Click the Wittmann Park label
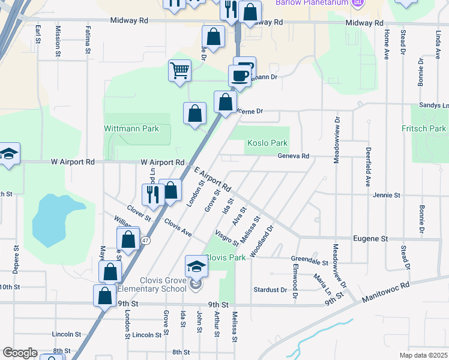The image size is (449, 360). [131, 128]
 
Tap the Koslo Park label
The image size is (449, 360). [267, 143]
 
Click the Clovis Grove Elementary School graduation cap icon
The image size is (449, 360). [196, 265]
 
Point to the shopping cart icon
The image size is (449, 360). [179, 71]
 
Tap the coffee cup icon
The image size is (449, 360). [240, 76]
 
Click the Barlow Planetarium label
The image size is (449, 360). [313, 3]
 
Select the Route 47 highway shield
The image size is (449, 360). [146, 241]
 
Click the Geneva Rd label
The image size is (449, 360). [293, 156]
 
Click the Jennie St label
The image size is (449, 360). [386, 196]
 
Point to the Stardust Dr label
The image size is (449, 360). [270, 290]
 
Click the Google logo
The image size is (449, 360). [19, 353]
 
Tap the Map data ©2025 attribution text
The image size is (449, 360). [423, 355]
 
